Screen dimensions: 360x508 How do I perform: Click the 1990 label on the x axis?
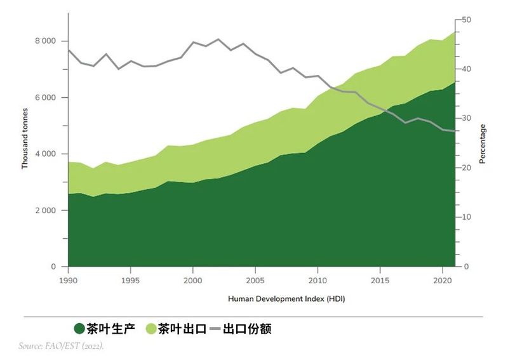68,280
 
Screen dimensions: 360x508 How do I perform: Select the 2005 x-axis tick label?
255,280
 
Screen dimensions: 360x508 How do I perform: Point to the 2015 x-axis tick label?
380,280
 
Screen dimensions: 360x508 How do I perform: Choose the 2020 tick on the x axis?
442,280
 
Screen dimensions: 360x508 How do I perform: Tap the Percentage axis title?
483,144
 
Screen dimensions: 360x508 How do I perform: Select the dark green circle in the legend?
79,329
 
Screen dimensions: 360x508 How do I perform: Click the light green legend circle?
151,329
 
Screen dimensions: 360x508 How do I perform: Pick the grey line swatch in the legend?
215,329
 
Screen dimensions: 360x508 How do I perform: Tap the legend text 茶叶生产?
111,329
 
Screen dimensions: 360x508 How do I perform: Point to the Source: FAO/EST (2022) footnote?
61,346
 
